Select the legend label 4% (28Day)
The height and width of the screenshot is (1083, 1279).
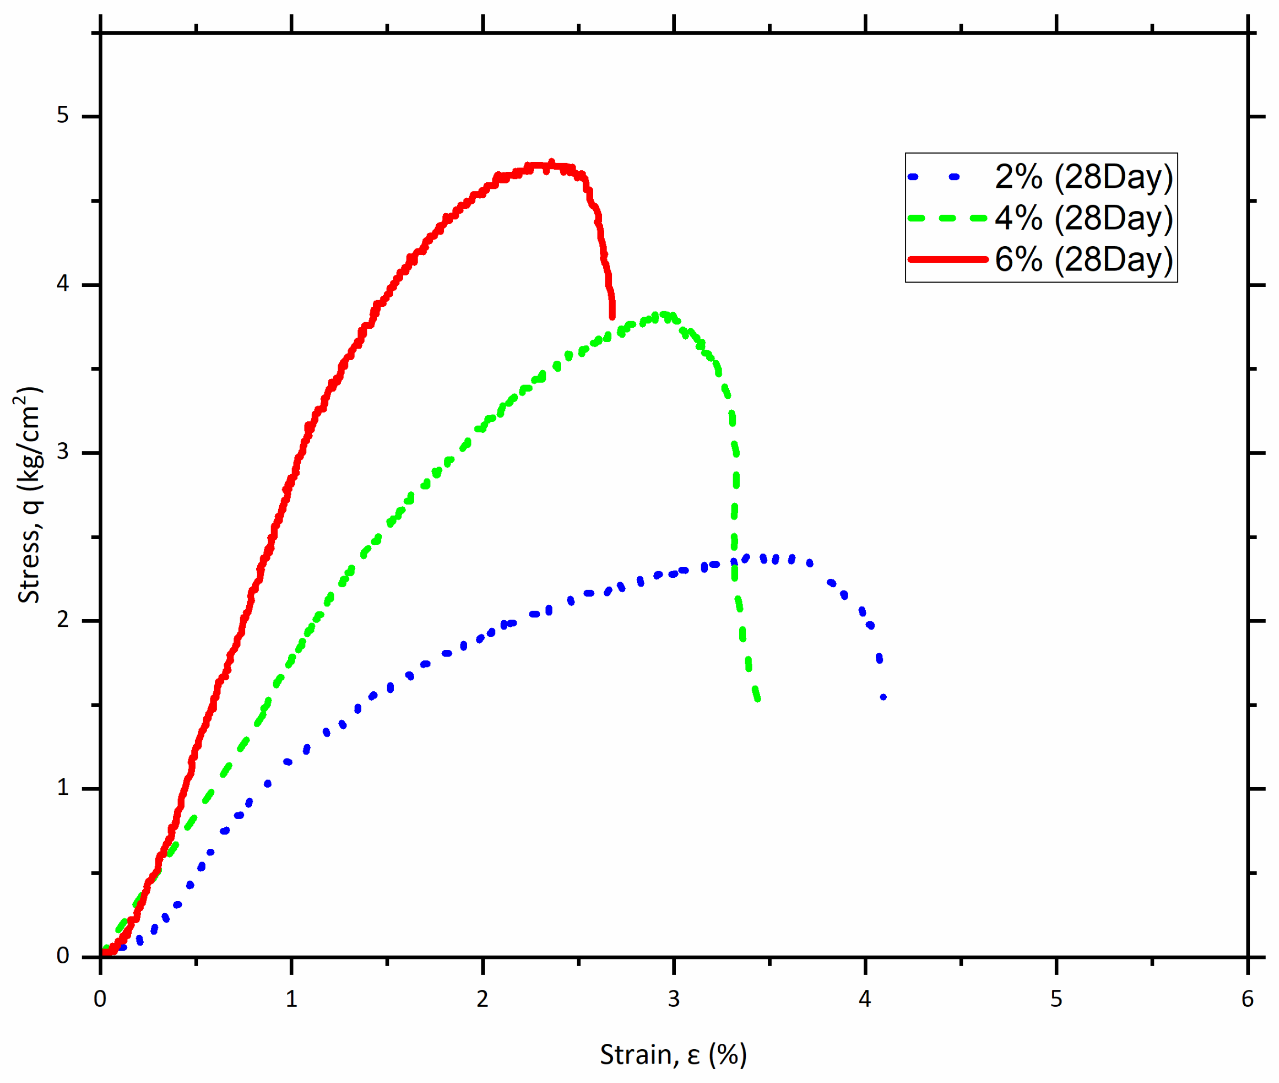(x=1083, y=218)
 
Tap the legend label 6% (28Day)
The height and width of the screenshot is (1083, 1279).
(x=1083, y=259)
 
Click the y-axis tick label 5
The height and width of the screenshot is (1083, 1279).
(x=63, y=115)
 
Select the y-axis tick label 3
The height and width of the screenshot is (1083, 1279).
(x=63, y=452)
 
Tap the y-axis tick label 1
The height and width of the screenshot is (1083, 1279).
(x=63, y=788)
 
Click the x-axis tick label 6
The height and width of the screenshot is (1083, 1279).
(x=1247, y=1000)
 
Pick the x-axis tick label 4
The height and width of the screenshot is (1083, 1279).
(x=865, y=1000)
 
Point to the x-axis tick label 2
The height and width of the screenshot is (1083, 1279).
(x=482, y=1000)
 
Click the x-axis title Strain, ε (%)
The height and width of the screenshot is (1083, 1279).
(x=673, y=1055)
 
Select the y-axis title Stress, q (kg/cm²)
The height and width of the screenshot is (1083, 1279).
(x=28, y=495)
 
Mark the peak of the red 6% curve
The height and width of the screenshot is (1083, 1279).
(x=551, y=163)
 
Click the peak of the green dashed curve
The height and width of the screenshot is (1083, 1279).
(x=662, y=315)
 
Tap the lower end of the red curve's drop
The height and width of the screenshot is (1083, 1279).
(x=612, y=316)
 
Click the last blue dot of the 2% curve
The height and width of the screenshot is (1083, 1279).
(x=883, y=697)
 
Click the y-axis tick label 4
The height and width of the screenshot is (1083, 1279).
(x=63, y=284)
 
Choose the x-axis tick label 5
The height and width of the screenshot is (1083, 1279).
(x=1056, y=1000)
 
